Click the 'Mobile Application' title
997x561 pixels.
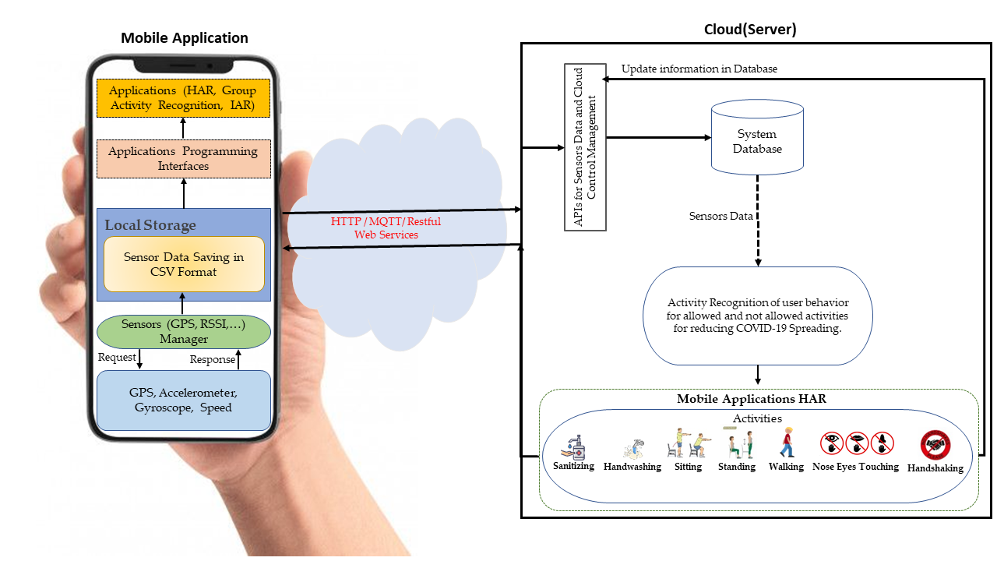[184, 38]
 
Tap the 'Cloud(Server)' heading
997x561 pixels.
[749, 30]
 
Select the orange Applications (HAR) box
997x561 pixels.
[183, 97]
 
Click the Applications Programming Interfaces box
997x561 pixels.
[183, 159]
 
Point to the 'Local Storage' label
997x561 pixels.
[150, 225]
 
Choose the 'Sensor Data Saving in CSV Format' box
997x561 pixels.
[184, 264]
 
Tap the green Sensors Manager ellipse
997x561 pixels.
[184, 332]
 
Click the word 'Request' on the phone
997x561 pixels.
[117, 358]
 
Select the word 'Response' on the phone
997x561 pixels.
[213, 359]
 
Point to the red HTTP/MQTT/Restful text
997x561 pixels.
[386, 228]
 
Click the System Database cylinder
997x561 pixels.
[757, 139]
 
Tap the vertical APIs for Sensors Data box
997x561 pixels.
[585, 146]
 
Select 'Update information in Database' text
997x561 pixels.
[699, 69]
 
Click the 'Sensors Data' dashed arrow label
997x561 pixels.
[720, 216]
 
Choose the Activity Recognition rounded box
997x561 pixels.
[757, 316]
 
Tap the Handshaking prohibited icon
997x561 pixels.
[935, 446]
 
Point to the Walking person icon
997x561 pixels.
[787, 443]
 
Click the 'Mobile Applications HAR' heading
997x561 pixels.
[751, 399]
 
